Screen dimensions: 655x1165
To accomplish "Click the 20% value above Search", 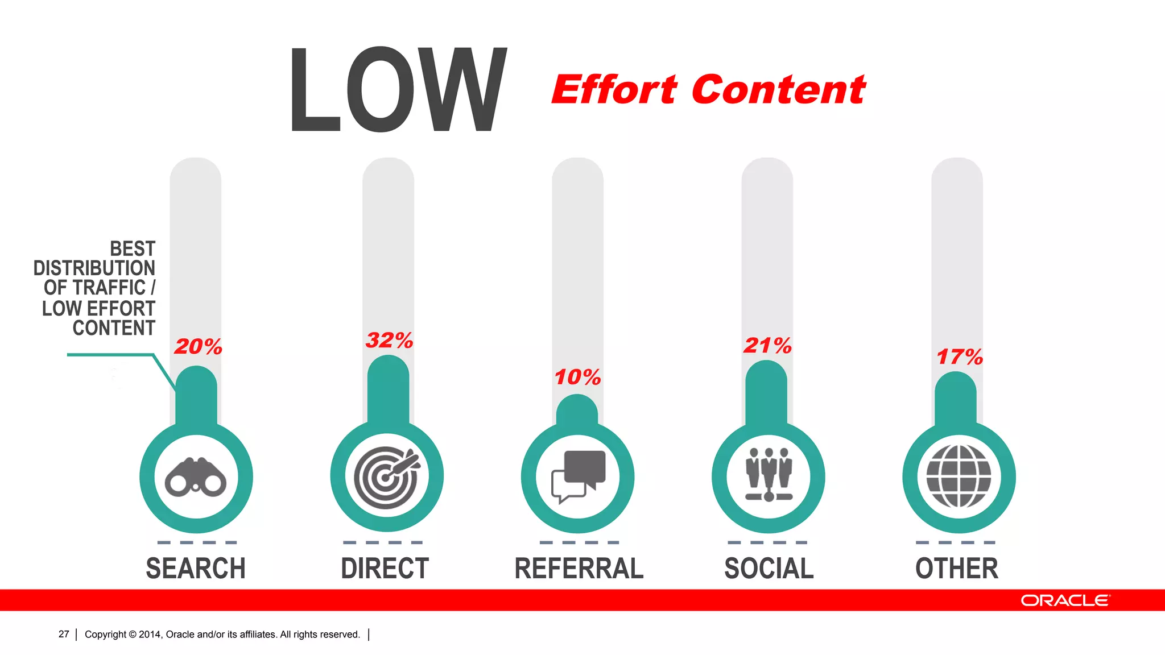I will (198, 346).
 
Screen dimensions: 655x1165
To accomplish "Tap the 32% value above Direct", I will (389, 340).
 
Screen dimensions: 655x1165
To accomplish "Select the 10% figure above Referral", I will (577, 377).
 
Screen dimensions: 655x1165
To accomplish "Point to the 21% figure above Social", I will (767, 345).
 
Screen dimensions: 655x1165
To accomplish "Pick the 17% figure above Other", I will (960, 357).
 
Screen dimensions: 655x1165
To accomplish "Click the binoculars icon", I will (196, 477).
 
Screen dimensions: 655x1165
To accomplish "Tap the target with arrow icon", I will (387, 477).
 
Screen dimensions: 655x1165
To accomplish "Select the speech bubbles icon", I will (578, 476).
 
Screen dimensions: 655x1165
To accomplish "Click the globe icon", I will (959, 476).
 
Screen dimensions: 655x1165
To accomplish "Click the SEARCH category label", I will (196, 569).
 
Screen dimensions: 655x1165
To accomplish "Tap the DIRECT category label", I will (385, 569).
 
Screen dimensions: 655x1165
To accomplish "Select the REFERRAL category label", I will (579, 569).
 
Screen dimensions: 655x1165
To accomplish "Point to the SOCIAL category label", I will (769, 569).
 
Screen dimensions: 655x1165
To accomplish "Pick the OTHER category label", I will (957, 569).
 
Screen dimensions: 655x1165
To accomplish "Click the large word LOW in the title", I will (398, 89).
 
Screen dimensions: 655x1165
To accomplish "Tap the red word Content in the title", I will (778, 90).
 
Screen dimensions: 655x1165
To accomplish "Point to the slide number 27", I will (64, 634).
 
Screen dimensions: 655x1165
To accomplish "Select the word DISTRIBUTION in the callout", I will (94, 268).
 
